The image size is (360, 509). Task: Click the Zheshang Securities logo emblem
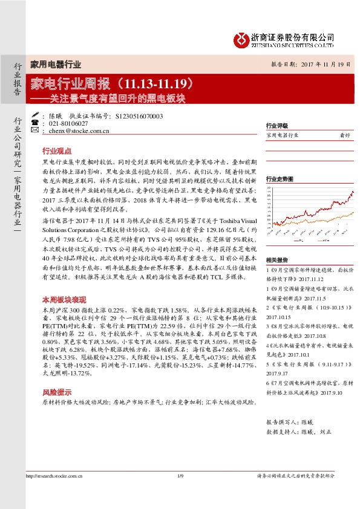tap(240, 39)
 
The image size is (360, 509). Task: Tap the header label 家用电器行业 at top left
tap(56, 64)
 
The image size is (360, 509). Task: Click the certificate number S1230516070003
tap(139, 115)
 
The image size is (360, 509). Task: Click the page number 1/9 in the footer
tap(180, 493)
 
